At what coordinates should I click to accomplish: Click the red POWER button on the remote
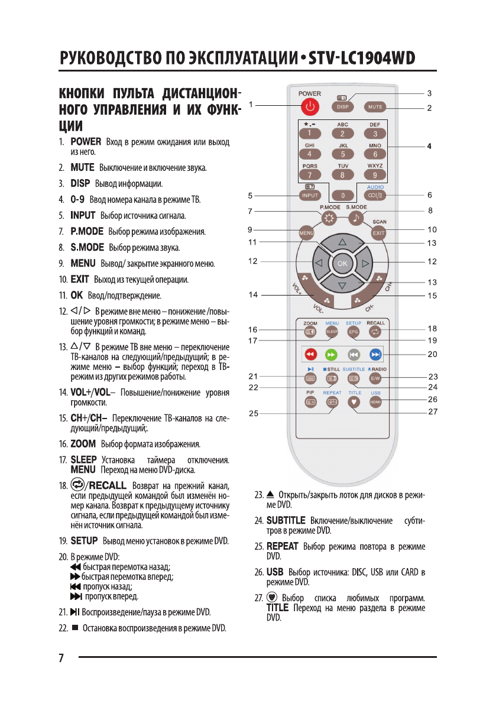(310, 107)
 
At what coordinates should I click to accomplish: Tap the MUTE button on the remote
(375, 107)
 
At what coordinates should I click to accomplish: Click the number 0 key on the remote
(343, 195)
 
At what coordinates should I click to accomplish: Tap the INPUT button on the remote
(310, 195)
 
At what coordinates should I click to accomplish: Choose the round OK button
(342, 264)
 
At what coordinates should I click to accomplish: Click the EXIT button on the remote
(378, 233)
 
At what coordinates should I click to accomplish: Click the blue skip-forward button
(375, 355)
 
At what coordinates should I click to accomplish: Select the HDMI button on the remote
(375, 402)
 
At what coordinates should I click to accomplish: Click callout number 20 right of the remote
(432, 355)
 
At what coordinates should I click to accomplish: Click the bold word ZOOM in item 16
(83, 444)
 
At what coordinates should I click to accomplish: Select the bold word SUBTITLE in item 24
(286, 521)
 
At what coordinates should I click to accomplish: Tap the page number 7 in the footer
(61, 659)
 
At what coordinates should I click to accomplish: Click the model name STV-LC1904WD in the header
(361, 59)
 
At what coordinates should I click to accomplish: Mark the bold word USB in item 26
(275, 572)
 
